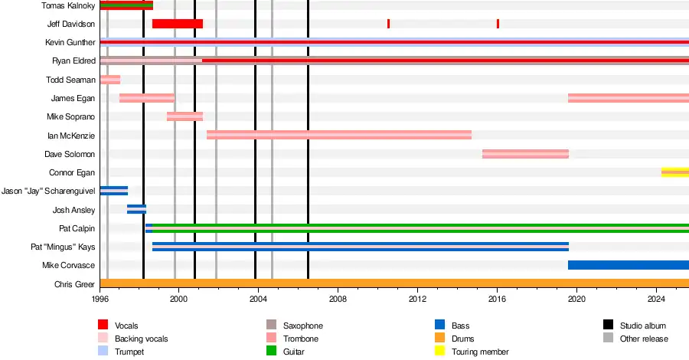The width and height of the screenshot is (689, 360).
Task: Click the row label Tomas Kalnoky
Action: tap(69, 5)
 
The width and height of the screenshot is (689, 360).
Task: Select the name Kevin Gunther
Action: tap(70, 42)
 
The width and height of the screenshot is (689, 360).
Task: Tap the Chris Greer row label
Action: tap(74, 284)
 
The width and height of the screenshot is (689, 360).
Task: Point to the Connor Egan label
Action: tap(72, 172)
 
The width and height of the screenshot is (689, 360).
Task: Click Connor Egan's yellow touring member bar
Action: tap(674, 172)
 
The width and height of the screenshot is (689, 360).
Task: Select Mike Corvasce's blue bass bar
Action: tap(628, 265)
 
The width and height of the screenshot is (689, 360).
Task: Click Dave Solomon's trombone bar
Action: tap(525, 154)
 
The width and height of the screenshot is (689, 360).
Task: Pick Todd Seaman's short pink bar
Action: tap(110, 80)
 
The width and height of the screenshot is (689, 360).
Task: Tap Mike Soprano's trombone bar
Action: tap(184, 116)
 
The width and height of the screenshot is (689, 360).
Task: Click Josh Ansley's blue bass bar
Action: tap(136, 209)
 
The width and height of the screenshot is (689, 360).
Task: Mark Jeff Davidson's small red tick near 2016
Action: tap(498, 24)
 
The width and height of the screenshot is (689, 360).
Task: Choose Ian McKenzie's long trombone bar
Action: tap(338, 135)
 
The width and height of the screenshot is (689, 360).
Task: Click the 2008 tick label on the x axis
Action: tap(338, 299)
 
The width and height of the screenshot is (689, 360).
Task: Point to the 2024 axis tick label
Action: tap(657, 299)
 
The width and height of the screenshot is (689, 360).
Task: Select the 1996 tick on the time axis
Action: tap(100, 299)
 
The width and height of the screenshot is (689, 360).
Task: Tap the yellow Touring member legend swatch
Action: tap(440, 352)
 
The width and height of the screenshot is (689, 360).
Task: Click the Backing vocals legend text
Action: tap(141, 339)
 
